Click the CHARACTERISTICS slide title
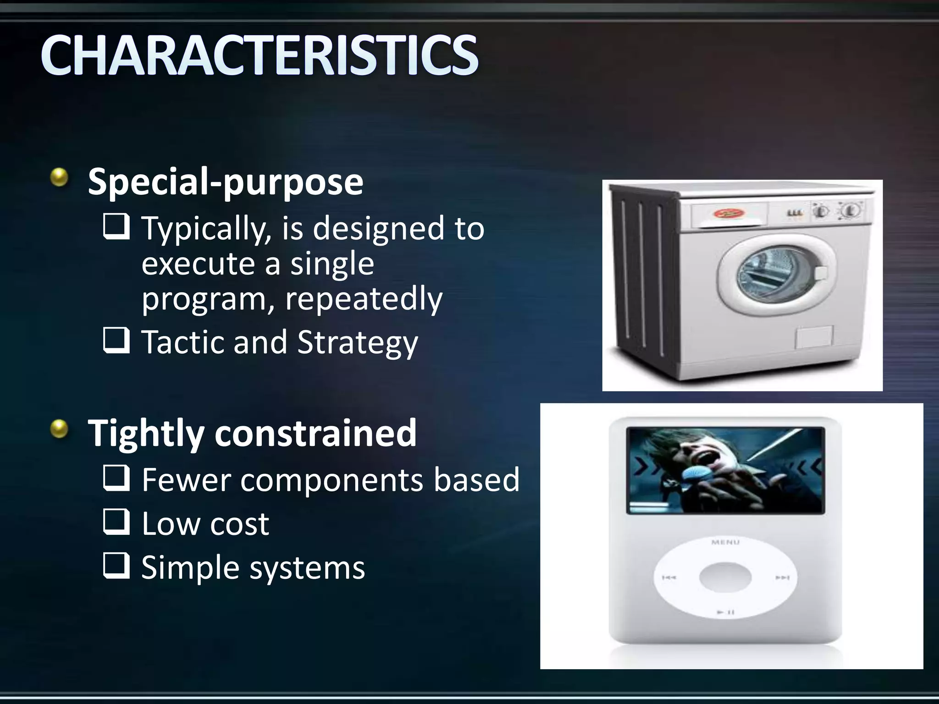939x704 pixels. point(260,56)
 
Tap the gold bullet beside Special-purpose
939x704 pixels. point(59,177)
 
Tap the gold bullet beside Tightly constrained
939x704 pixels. point(59,429)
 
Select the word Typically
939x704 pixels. point(203,228)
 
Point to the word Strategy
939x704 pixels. point(357,343)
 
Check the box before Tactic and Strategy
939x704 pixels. point(116,340)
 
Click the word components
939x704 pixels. point(331,481)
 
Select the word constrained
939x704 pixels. point(315,433)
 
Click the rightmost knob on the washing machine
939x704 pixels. point(851,210)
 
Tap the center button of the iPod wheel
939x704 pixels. point(725,577)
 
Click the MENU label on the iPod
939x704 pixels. point(725,542)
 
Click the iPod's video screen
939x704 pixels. point(725,470)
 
